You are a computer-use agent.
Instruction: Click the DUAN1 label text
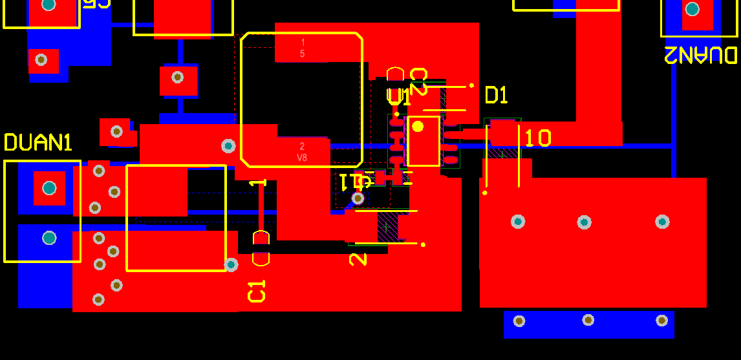click(x=38, y=142)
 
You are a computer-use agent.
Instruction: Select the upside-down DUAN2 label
click(x=700, y=55)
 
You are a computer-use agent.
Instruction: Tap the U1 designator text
click(x=399, y=98)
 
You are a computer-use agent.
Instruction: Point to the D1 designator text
click(x=496, y=96)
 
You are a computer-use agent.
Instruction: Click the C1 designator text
click(x=257, y=291)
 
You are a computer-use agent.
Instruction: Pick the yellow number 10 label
click(x=537, y=138)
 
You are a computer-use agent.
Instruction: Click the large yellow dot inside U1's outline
click(x=418, y=126)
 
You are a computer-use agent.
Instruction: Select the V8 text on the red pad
click(x=302, y=158)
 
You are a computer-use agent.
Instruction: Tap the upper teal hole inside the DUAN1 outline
click(x=49, y=188)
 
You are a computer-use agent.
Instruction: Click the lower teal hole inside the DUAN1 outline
click(x=49, y=238)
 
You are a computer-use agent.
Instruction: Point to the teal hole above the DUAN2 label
click(x=692, y=9)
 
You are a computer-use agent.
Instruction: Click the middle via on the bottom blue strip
click(x=588, y=320)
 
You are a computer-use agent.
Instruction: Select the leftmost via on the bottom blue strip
click(x=519, y=321)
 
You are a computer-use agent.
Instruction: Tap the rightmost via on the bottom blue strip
click(x=661, y=321)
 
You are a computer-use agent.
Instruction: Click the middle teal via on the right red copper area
click(x=584, y=222)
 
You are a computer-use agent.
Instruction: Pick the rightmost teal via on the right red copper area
click(x=662, y=222)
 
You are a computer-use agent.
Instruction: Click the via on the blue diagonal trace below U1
click(x=358, y=198)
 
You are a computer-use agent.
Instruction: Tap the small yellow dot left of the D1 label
click(x=471, y=85)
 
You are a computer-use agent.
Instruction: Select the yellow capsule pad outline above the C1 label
click(x=261, y=248)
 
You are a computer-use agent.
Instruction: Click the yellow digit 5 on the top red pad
click(x=302, y=54)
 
